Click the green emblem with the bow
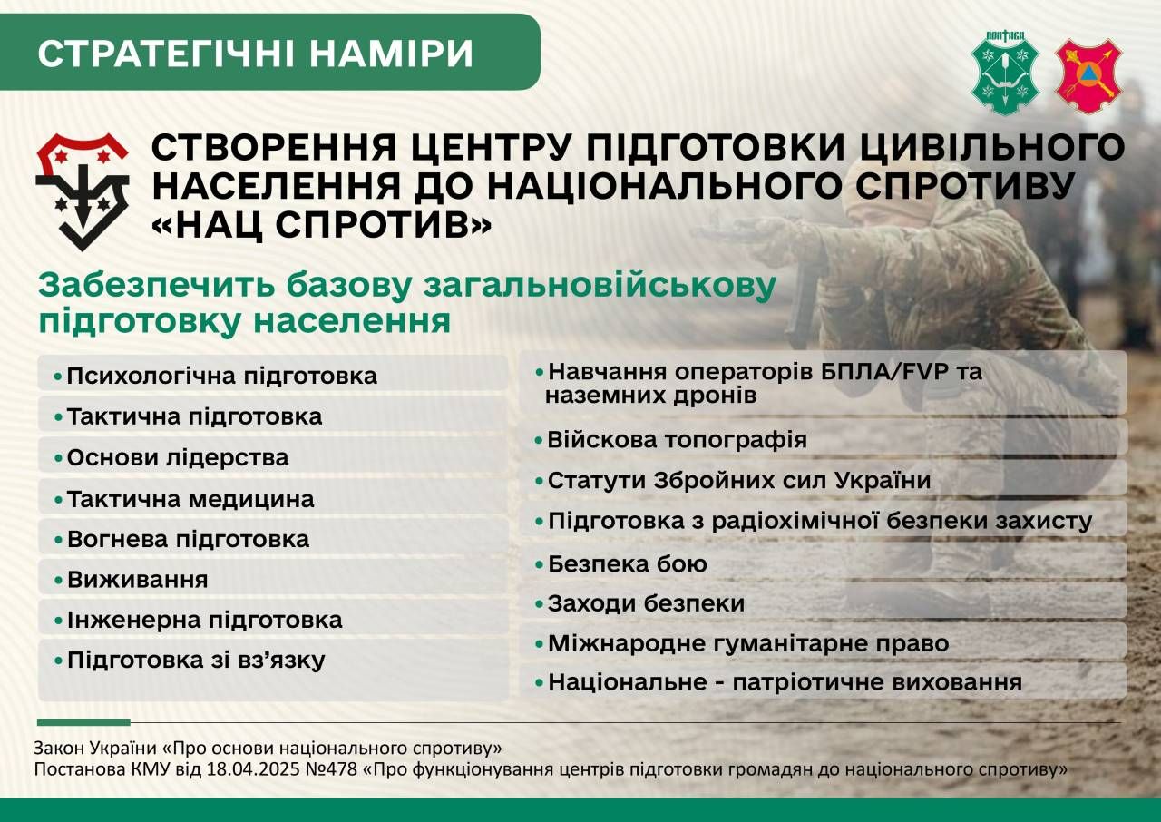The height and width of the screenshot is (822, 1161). click(1005, 73)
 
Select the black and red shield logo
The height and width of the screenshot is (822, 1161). click(83, 191)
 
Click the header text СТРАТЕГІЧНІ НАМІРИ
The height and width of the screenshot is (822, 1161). click(256, 53)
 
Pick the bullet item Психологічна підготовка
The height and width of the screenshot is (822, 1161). click(222, 377)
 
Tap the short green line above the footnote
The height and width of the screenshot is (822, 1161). click(83, 722)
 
